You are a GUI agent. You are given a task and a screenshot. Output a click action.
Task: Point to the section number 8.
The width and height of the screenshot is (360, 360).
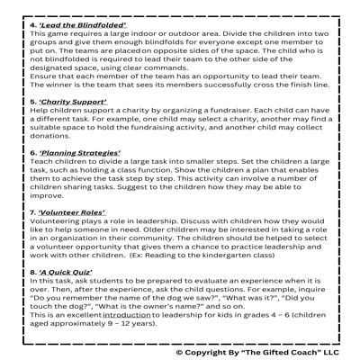(33, 273)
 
